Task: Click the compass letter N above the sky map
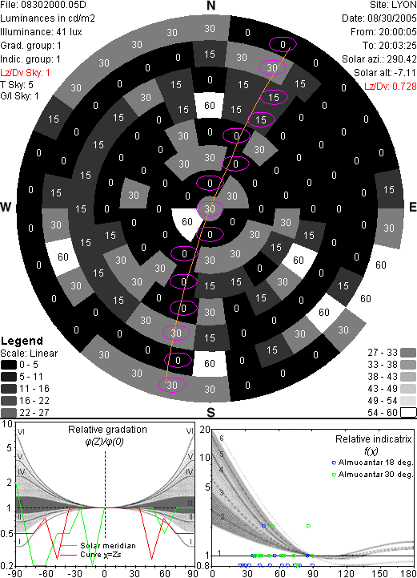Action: (x=211, y=6)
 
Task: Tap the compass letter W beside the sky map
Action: (x=6, y=207)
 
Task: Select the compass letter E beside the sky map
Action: (x=412, y=207)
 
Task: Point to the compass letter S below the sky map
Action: (x=211, y=412)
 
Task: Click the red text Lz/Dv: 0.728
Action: (x=390, y=87)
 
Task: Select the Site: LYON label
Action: (x=393, y=5)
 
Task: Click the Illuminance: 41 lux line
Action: (x=41, y=32)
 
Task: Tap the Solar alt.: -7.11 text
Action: (x=385, y=73)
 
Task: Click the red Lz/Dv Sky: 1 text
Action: (x=25, y=73)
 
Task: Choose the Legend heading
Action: (x=22, y=341)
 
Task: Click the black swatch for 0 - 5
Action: (x=9, y=365)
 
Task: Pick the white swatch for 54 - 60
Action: (x=408, y=412)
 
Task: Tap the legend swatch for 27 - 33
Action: (x=408, y=353)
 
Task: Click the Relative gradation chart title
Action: (x=107, y=430)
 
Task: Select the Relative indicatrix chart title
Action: (x=373, y=439)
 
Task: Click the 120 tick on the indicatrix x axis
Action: (x=346, y=573)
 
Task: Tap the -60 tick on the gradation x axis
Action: (x=46, y=573)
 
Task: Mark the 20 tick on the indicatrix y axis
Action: (x=205, y=430)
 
